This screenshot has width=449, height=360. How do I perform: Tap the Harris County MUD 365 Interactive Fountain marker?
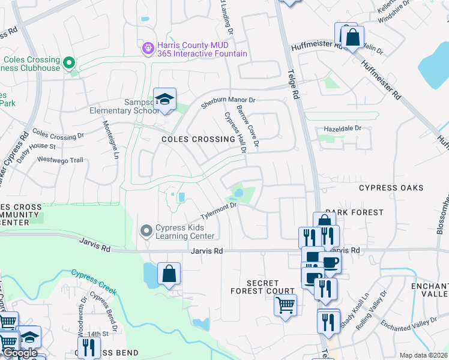(x=148, y=47)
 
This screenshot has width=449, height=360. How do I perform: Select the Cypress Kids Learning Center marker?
(x=146, y=231)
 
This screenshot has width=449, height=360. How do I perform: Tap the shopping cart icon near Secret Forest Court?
(x=285, y=304)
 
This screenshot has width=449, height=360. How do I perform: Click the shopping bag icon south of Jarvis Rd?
(x=169, y=274)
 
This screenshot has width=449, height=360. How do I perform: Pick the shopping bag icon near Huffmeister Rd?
(x=353, y=38)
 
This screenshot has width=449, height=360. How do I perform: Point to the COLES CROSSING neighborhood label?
(x=198, y=139)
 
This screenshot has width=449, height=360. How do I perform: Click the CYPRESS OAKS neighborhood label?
(x=391, y=188)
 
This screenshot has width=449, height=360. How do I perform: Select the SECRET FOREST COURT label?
(x=262, y=287)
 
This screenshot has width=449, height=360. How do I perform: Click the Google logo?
(x=20, y=353)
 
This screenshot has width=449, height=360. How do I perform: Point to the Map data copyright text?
(x=423, y=355)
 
